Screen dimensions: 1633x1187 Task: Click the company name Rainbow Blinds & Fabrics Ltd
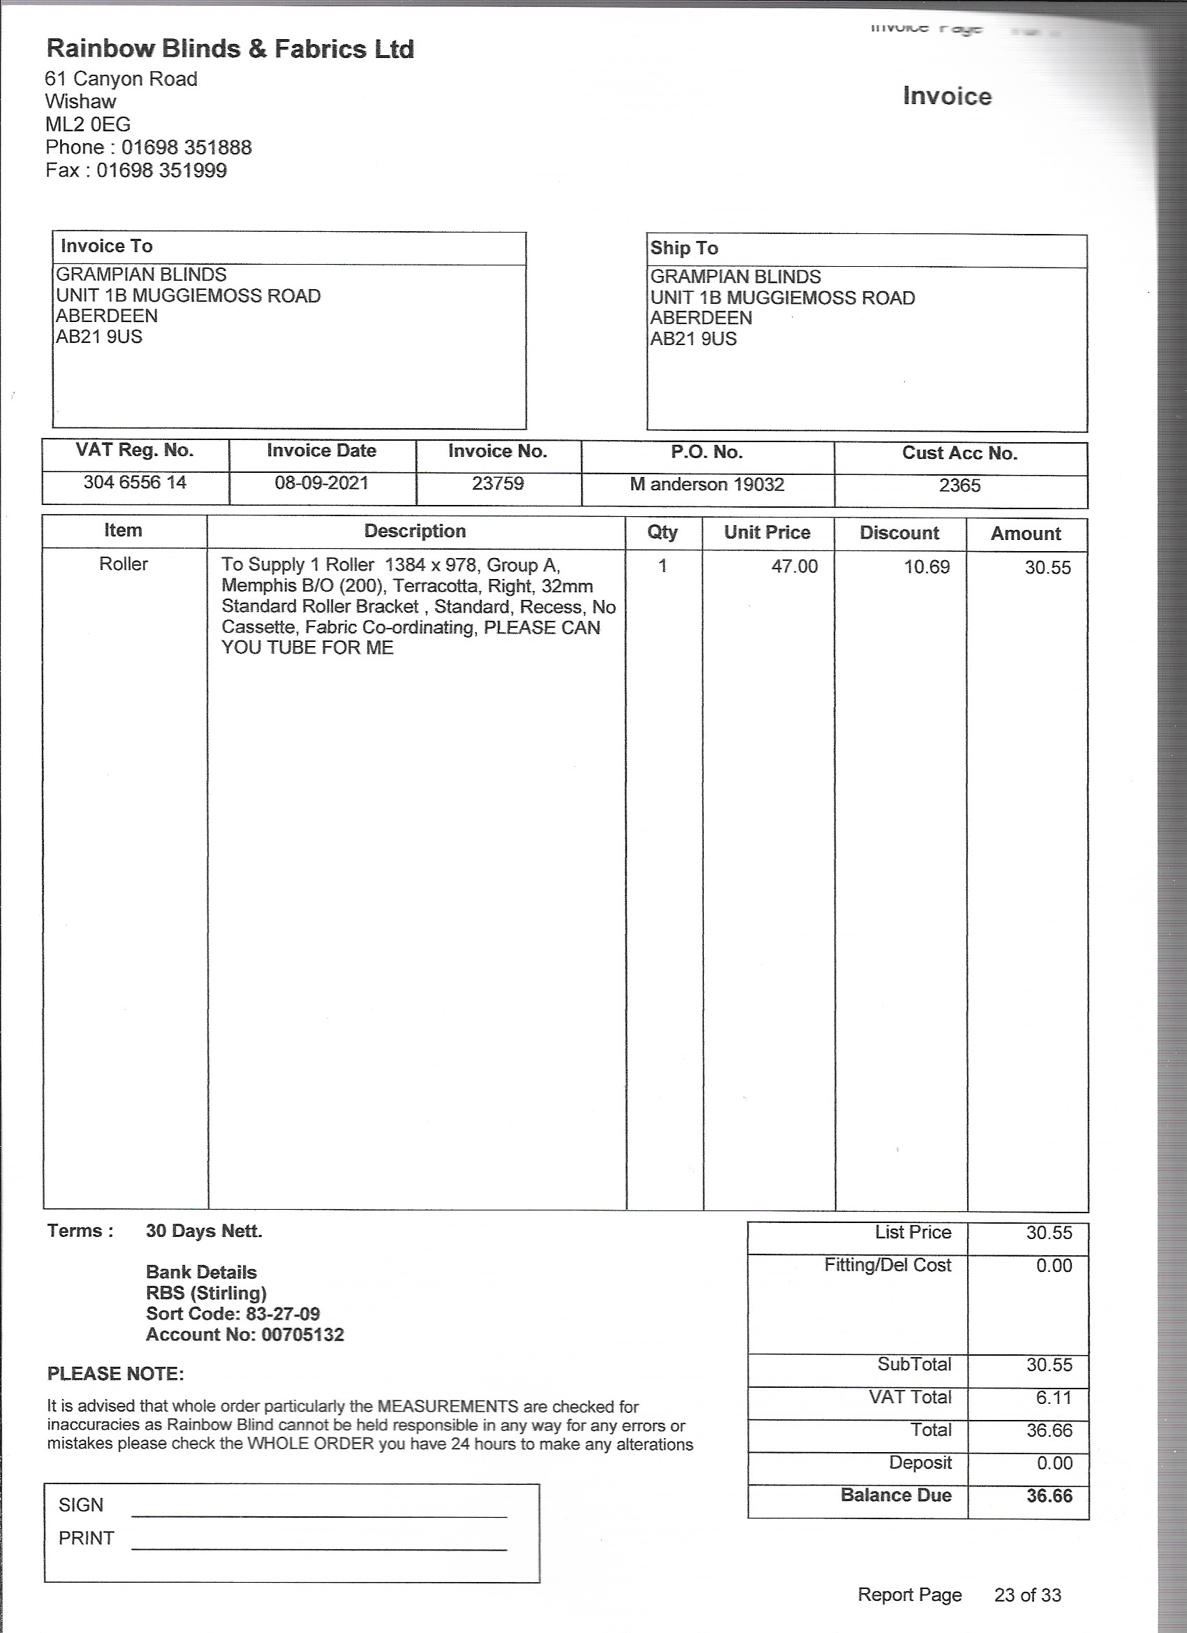(230, 49)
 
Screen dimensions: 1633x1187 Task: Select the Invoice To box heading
(107, 247)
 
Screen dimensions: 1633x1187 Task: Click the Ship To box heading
(684, 249)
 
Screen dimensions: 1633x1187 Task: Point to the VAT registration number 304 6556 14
(135, 483)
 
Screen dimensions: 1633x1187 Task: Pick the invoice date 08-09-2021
(321, 483)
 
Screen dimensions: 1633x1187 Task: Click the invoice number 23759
(497, 483)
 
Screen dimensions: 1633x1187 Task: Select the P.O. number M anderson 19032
(706, 484)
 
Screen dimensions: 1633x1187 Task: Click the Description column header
(415, 532)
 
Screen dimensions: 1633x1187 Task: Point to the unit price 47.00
(794, 566)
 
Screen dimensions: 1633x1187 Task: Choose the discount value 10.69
(927, 567)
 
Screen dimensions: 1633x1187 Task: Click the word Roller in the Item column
(123, 564)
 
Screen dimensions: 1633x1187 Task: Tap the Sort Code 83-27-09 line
(233, 1313)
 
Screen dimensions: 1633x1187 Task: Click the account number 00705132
(302, 1334)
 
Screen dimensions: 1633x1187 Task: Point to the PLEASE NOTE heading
(115, 1374)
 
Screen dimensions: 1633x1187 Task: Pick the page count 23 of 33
(1027, 1595)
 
